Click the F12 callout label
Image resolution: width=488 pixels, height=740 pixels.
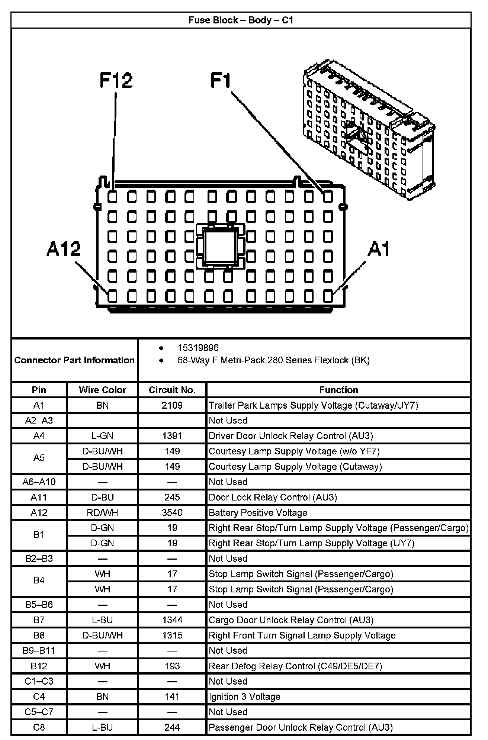pyautogui.click(x=116, y=80)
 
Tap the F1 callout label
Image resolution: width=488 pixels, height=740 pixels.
pyautogui.click(x=221, y=80)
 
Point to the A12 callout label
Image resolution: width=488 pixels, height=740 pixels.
pyautogui.click(x=64, y=249)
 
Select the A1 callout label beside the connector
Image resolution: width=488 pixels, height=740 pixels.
pyautogui.click(x=379, y=249)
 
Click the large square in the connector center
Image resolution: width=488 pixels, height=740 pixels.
pyautogui.click(x=220, y=246)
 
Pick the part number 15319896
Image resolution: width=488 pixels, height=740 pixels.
pyautogui.click(x=198, y=348)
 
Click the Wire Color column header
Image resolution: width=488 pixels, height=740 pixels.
pyautogui.click(x=102, y=390)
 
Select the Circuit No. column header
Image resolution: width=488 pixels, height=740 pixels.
pyautogui.click(x=172, y=390)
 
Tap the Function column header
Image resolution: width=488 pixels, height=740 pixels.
pyautogui.click(x=338, y=390)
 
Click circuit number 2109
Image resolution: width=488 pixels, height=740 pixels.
pyautogui.click(x=172, y=405)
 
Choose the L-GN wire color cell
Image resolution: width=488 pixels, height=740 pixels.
pyautogui.click(x=102, y=436)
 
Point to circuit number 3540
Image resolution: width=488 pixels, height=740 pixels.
pyautogui.click(x=172, y=513)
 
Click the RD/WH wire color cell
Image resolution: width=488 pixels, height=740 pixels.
pyautogui.click(x=102, y=513)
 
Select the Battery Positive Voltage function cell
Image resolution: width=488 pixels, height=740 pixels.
pyautogui.click(x=258, y=513)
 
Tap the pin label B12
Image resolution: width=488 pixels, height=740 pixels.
pyautogui.click(x=39, y=666)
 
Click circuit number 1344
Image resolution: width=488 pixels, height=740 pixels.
pyautogui.click(x=172, y=620)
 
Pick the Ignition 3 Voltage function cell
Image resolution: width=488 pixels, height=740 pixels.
pyautogui.click(x=244, y=696)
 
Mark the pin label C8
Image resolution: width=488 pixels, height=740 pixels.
pyautogui.click(x=39, y=727)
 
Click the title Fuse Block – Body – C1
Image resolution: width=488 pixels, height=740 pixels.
pyautogui.click(x=241, y=20)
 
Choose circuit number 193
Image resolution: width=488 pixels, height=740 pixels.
pyautogui.click(x=172, y=666)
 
